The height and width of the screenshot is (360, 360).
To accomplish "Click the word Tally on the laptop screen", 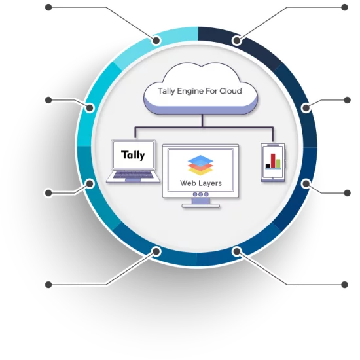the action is click(133, 155).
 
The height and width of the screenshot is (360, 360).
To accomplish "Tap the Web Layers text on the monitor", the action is click(201, 183).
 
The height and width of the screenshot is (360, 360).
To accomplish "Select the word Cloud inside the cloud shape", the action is click(230, 91).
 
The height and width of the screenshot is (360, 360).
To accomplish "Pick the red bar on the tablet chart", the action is click(273, 161).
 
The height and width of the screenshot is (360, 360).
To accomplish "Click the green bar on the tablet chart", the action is click(278, 164).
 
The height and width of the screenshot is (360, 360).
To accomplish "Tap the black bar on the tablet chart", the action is click(268, 166).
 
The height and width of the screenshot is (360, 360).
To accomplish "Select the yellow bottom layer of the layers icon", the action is click(200, 171).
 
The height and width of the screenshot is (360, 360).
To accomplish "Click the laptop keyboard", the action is click(133, 175).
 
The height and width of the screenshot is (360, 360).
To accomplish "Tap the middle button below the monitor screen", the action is click(201, 194).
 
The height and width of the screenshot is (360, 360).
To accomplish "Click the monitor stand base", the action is click(201, 206).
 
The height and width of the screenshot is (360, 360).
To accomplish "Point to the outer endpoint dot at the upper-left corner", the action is click(48, 7).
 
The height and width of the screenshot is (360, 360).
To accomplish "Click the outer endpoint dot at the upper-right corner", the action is click(344, 7).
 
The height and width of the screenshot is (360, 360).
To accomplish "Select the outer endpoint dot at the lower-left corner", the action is click(48, 285).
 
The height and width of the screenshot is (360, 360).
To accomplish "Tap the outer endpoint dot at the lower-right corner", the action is click(344, 285).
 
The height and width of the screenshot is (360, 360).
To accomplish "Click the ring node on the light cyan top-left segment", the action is click(156, 41).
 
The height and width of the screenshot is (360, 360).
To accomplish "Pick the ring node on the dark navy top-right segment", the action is click(237, 41).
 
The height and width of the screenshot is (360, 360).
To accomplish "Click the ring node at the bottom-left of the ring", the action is click(156, 251).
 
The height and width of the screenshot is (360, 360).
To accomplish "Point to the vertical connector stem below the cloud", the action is click(202, 120).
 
